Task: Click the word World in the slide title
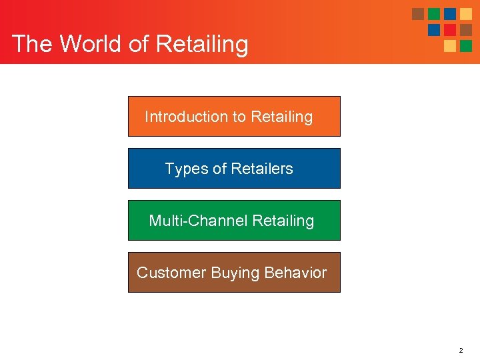pyautogui.click(x=91, y=44)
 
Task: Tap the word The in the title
pyautogui.click(x=33, y=44)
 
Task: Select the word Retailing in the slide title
pyautogui.click(x=201, y=44)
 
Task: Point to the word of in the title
pyautogui.click(x=138, y=44)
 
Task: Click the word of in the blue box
pyautogui.click(x=219, y=169)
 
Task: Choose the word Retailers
pyautogui.click(x=262, y=169)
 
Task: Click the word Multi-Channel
pyautogui.click(x=198, y=221)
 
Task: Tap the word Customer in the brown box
pyautogui.click(x=171, y=273)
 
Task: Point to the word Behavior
pyautogui.click(x=295, y=273)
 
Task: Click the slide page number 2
pyautogui.click(x=461, y=349)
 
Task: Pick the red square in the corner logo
pyautogui.click(x=450, y=30)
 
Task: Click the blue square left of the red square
pyautogui.click(x=434, y=30)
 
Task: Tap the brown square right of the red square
pyautogui.click(x=466, y=30)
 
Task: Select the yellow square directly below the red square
pyautogui.click(x=450, y=46)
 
